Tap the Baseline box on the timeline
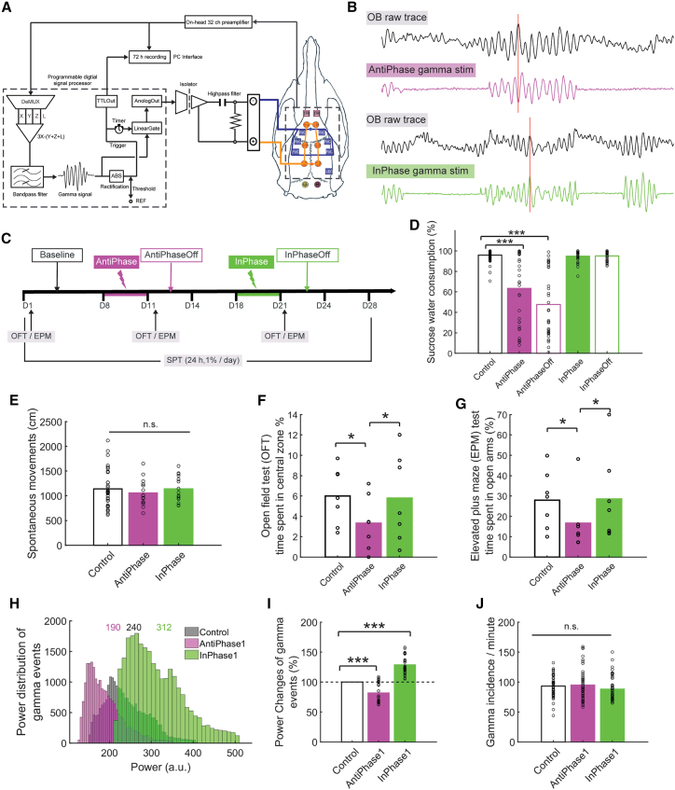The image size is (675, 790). (58, 253)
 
